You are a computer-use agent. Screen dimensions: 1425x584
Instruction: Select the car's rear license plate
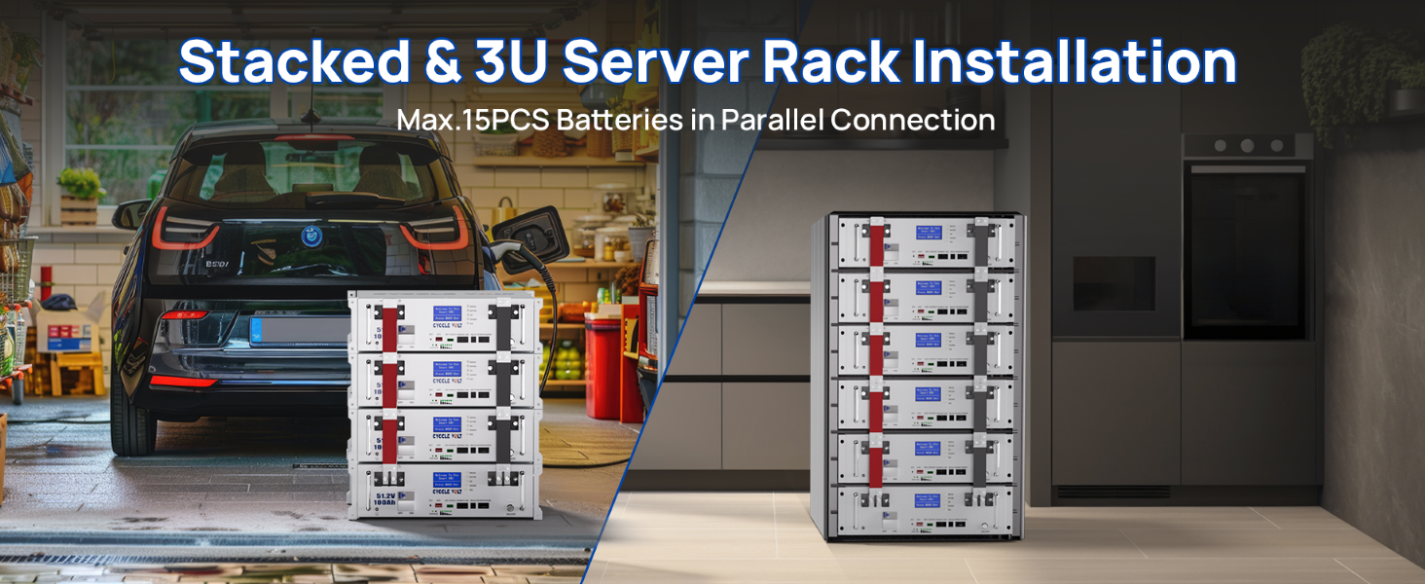tap(298, 329)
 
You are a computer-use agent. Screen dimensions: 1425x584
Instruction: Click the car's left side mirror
tap(130, 213)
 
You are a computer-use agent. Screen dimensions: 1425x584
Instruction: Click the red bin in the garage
tap(603, 366)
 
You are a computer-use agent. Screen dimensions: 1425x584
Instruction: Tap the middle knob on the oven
tap(1248, 146)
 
